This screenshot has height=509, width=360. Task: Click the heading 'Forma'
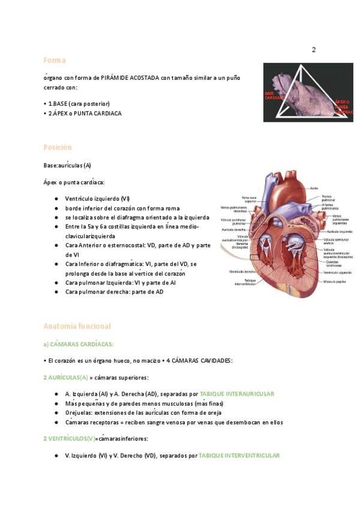pos(54,60)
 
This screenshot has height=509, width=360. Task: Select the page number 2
pos(313,49)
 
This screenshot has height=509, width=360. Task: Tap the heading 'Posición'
pos(57,147)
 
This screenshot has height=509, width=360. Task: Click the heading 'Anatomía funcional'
pos(77,326)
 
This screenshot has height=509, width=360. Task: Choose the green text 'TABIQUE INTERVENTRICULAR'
pos(239,456)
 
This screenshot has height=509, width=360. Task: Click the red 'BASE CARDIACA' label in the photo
pos(273,95)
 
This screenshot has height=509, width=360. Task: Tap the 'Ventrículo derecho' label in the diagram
pos(241,271)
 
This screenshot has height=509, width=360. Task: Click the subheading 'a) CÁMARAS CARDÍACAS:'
pos(78,344)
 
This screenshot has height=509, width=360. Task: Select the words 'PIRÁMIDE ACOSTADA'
pos(130,78)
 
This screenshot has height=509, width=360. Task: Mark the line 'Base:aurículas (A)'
pos(67,165)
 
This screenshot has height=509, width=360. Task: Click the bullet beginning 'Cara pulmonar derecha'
pos(114,292)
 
